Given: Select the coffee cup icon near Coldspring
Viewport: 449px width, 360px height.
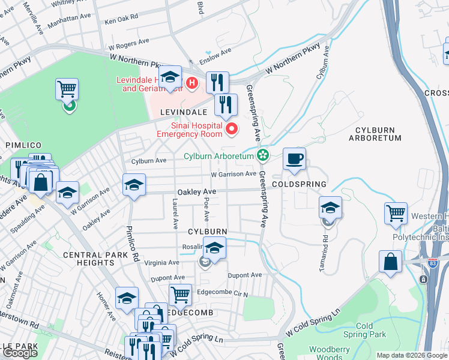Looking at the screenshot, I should [294, 160].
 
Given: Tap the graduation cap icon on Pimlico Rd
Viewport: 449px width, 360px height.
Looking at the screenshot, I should [134, 185].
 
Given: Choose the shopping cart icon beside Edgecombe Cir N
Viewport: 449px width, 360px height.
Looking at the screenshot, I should [180, 295].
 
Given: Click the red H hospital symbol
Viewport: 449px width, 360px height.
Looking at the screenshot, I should [192, 83].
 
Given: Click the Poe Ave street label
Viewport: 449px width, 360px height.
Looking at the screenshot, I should [206, 206].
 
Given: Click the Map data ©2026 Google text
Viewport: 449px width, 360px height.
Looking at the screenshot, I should [412, 355].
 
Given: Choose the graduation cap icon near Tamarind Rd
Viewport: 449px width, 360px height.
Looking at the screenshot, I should [330, 208].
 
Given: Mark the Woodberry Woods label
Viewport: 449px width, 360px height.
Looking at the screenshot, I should [330, 353].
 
